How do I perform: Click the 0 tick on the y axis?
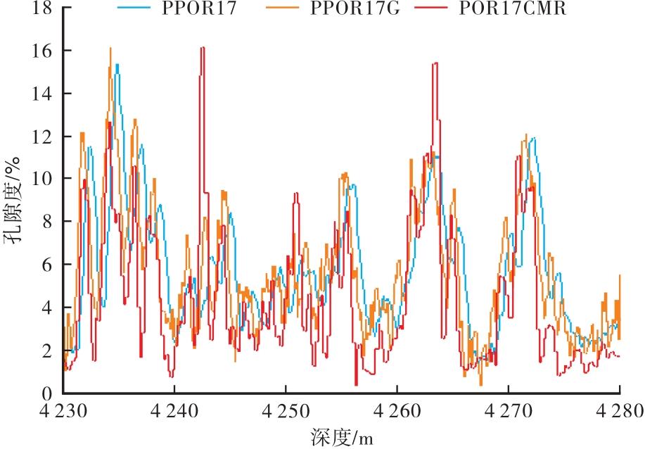click(47, 393)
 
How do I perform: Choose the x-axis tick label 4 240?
click(174, 411)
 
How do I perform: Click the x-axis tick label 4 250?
click(286, 411)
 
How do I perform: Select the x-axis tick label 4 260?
click(397, 411)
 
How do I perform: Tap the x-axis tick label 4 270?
click(509, 411)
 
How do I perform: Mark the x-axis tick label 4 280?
click(619, 411)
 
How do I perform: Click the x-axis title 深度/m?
click(341, 438)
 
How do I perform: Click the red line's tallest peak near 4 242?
click(203, 48)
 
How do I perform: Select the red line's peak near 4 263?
click(436, 63)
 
